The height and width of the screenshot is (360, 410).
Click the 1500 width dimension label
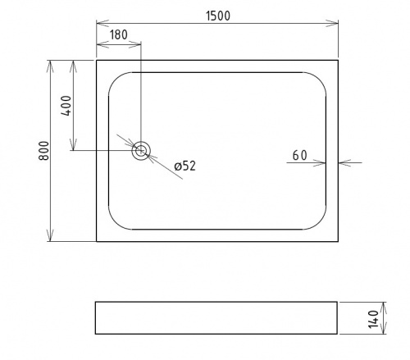218,16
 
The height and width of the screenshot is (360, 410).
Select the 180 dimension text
119,34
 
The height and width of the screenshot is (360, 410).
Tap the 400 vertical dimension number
66,106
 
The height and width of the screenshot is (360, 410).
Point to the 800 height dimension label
43,151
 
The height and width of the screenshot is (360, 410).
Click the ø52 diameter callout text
185,166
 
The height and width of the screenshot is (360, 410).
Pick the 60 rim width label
300,156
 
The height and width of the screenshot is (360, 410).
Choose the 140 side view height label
373,319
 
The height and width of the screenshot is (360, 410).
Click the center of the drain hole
141,151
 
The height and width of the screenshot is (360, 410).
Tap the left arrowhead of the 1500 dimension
102,23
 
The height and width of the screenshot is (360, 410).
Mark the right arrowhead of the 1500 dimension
332,23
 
